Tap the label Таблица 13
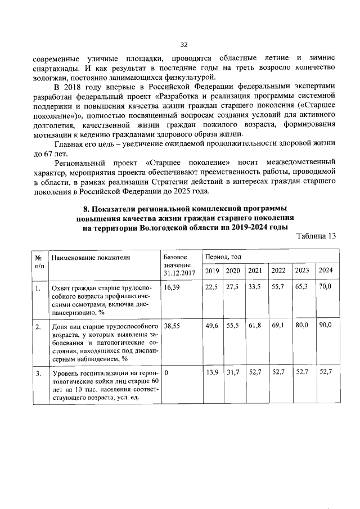[x=316, y=236]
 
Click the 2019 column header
[x=212, y=271]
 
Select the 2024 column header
[x=326, y=271]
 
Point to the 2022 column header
[x=278, y=271]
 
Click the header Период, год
[x=223, y=257]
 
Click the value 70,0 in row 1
[x=325, y=287]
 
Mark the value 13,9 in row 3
[x=211, y=373]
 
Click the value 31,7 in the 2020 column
[x=232, y=373]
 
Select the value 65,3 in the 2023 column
[x=302, y=287]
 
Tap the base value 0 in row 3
[x=166, y=373]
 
